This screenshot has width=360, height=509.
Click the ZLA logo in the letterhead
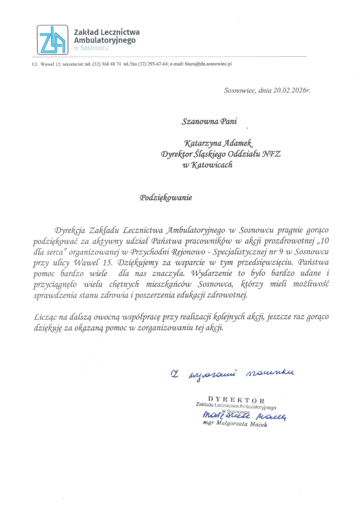53,40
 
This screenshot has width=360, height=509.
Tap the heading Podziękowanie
166,198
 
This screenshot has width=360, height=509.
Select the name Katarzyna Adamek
219,143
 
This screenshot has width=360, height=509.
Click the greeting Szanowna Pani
209,121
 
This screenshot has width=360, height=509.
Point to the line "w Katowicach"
207,165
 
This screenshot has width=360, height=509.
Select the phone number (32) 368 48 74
107,64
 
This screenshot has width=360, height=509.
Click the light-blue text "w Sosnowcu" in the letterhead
91,48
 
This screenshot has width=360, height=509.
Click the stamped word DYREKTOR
236,400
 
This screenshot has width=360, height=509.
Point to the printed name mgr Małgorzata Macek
235,424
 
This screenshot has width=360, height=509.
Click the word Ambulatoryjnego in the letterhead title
105,40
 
